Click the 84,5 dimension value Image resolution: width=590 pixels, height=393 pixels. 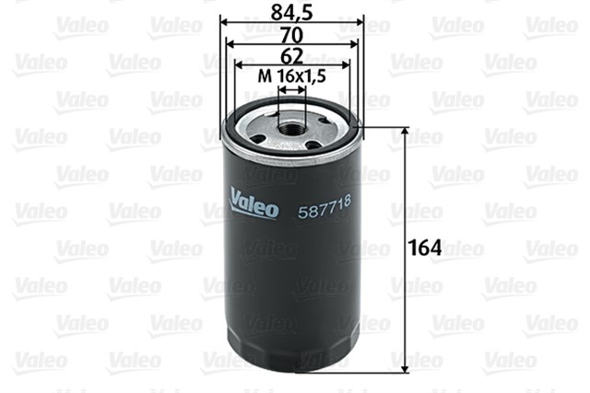point(292,13)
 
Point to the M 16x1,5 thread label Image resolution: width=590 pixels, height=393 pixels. point(292,79)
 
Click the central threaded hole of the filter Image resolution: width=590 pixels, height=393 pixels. point(292,124)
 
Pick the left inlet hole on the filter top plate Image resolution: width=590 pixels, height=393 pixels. point(258,139)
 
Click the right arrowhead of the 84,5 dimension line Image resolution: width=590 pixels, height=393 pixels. point(360,21)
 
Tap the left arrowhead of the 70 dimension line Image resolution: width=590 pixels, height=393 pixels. point(232,43)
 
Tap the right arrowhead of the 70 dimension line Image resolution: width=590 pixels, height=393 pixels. point(352,43)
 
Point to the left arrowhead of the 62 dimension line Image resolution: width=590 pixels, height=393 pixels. point(240,66)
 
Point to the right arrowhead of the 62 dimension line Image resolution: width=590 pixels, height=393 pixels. point(345,66)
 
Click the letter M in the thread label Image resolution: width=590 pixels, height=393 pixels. point(261,79)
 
